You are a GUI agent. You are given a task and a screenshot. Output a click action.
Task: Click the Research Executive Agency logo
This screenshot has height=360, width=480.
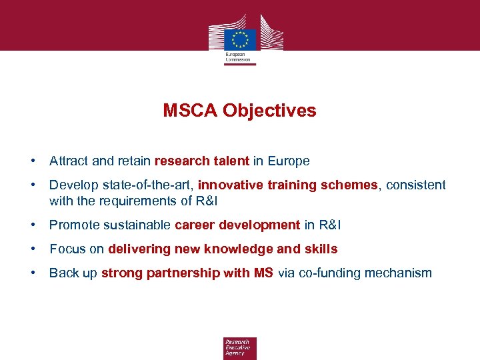239,348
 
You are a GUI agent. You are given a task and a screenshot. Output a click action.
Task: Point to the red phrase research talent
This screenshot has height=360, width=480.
202,161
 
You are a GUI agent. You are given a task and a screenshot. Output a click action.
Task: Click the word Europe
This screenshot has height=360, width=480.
289,161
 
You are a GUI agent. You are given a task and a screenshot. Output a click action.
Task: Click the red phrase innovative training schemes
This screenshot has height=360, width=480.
287,185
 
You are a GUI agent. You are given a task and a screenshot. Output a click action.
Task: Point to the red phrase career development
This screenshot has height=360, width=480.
237,225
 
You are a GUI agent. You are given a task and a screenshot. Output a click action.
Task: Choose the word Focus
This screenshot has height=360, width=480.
65,249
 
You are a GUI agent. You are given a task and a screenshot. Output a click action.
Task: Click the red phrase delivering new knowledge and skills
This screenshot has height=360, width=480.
223,249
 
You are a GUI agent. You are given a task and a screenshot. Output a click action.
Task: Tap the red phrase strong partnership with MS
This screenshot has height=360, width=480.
187,273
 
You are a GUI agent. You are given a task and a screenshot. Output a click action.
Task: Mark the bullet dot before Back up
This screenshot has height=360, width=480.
32,273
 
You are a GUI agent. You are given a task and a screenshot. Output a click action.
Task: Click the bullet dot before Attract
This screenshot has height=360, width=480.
32,161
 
